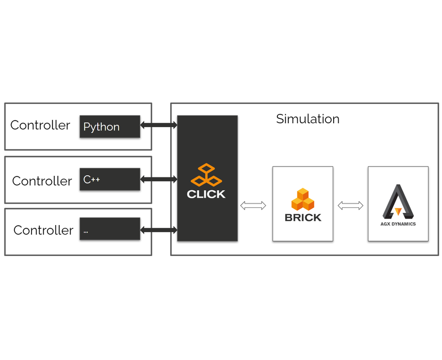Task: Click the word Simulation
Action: [x=308, y=119]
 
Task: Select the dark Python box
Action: [x=110, y=127]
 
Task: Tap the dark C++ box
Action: [x=110, y=180]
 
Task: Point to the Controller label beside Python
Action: [x=40, y=126]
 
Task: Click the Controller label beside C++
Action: [x=42, y=181]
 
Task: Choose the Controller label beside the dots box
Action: [x=43, y=231]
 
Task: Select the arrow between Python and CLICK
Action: [x=159, y=126]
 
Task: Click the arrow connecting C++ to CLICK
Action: [x=159, y=179]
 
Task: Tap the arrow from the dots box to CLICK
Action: [x=159, y=229]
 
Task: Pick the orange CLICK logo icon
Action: [x=206, y=175]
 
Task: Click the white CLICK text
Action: [x=206, y=195]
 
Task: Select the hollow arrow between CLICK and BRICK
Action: [x=254, y=205]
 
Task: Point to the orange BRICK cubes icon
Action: [x=302, y=200]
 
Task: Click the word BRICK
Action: [x=303, y=218]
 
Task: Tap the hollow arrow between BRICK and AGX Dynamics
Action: [x=351, y=205]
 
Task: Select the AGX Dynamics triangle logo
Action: [x=398, y=201]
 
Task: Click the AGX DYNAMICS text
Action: [x=398, y=224]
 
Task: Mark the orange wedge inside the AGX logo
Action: [x=398, y=211]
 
